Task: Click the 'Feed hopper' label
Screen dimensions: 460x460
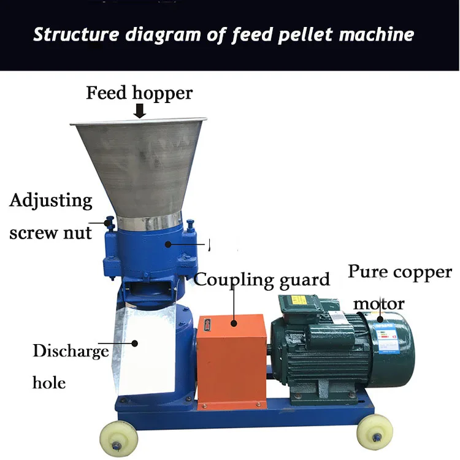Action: (139, 93)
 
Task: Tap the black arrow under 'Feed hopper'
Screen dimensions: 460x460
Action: (140, 111)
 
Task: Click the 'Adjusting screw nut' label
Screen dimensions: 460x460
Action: (51, 217)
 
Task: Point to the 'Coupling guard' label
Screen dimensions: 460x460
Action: (262, 280)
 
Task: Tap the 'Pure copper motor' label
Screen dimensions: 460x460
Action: (400, 287)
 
